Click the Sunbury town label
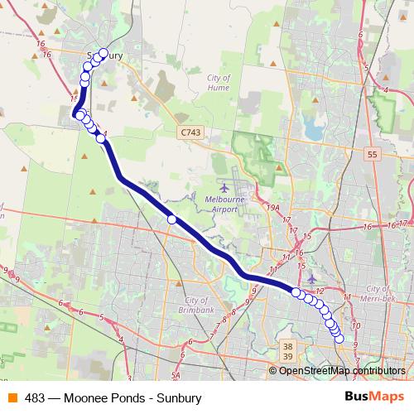(106, 56)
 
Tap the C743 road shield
(190, 132)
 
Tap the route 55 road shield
(373, 154)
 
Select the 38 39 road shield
(287, 350)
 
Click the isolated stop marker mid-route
(172, 219)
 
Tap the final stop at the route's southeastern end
(339, 339)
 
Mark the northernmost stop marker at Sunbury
(103, 53)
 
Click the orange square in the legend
(11, 397)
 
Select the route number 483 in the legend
(35, 397)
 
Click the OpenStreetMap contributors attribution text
(342, 370)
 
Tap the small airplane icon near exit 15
(311, 279)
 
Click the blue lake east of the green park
(313, 128)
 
